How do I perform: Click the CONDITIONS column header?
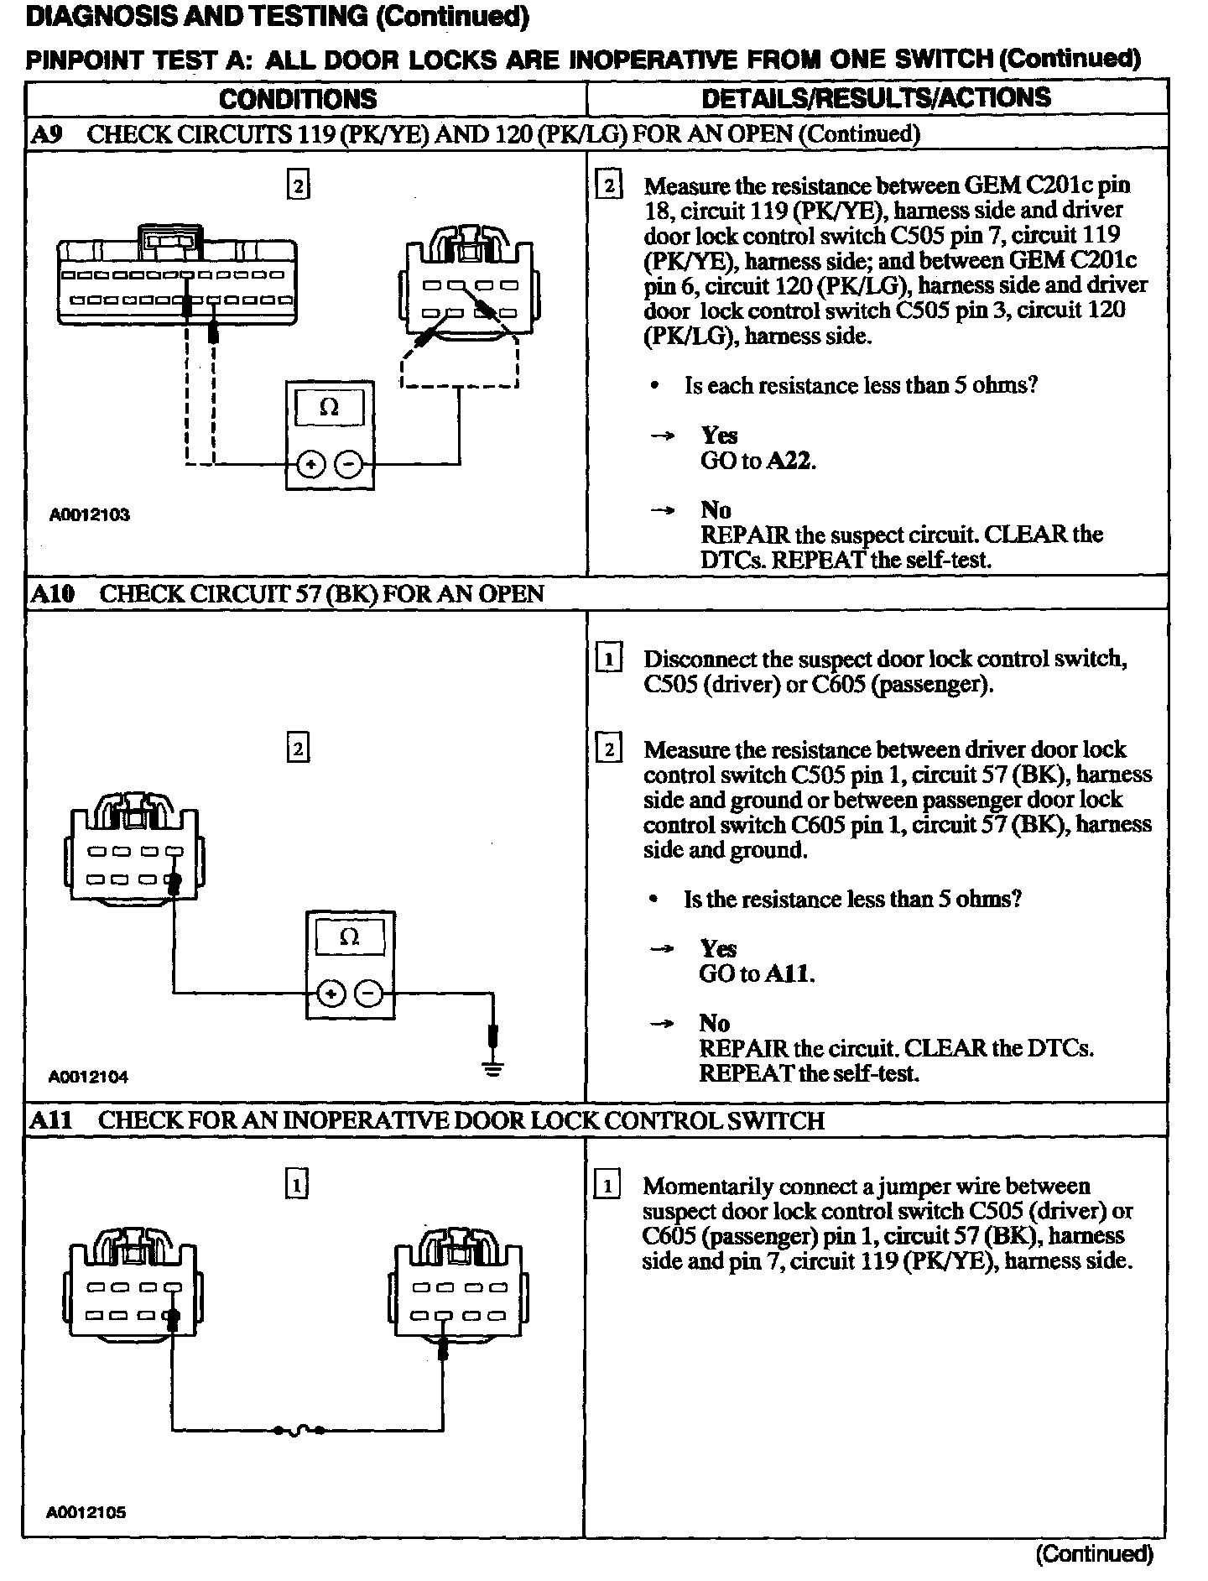pyautogui.click(x=298, y=98)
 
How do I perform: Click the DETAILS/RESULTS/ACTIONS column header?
pyautogui.click(x=876, y=97)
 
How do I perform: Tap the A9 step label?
pyautogui.click(x=46, y=134)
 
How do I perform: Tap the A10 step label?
pyautogui.click(x=52, y=594)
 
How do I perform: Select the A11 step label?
pyautogui.click(x=50, y=1120)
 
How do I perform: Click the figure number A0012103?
pyautogui.click(x=89, y=514)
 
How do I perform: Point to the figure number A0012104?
pyautogui.click(x=89, y=1076)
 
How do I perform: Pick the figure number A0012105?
pyautogui.click(x=87, y=1513)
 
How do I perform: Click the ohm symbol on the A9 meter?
pyautogui.click(x=330, y=408)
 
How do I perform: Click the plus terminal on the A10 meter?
pyautogui.click(x=332, y=994)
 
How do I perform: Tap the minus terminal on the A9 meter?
pyautogui.click(x=350, y=463)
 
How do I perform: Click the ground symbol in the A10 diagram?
pyautogui.click(x=493, y=1068)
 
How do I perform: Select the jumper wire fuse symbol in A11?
pyautogui.click(x=298, y=1431)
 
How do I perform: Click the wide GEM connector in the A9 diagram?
pyautogui.click(x=177, y=282)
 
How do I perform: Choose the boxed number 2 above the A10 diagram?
pyautogui.click(x=298, y=748)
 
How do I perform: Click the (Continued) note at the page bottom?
pyautogui.click(x=1095, y=1553)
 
